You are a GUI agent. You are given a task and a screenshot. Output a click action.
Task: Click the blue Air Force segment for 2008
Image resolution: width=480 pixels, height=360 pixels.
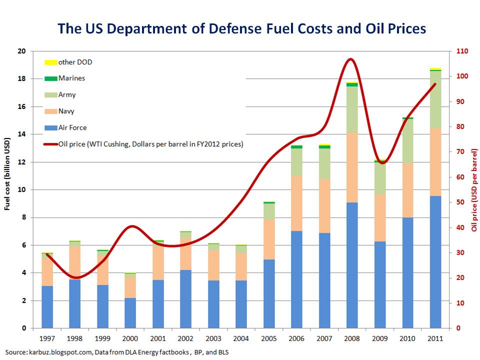352,265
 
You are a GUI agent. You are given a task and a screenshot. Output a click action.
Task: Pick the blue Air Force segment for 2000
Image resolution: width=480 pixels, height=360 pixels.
130,313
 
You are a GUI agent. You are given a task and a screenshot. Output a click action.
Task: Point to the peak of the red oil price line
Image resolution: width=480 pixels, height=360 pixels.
350,59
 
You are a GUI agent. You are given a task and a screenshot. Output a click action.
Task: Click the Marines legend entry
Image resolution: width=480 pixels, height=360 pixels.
71,78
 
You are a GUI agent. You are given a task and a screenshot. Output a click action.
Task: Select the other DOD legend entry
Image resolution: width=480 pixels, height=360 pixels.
75,62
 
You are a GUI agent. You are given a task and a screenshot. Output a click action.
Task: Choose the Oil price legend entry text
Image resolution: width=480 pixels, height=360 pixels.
150,144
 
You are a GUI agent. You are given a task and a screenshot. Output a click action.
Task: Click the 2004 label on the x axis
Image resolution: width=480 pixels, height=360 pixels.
241,338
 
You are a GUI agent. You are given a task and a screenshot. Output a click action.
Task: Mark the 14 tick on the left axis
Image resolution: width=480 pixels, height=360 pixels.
21,134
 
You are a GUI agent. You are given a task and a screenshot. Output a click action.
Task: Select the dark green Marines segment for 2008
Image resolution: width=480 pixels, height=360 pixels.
352,84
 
